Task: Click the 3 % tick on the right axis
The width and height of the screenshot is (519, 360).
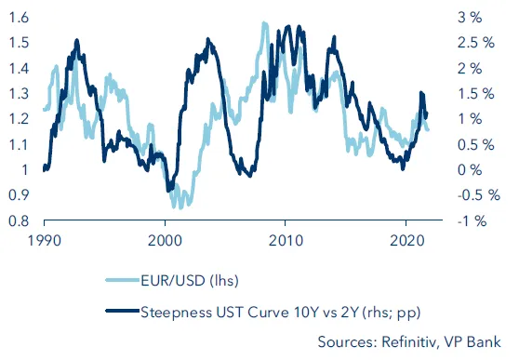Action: (470, 18)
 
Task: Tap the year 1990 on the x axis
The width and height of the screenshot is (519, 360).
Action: (44, 239)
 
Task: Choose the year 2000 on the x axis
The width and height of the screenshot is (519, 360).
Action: (165, 239)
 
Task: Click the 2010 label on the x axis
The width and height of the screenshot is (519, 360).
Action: (285, 239)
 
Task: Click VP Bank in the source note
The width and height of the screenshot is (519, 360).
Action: (474, 341)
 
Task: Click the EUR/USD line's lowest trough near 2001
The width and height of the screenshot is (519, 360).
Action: (177, 207)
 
